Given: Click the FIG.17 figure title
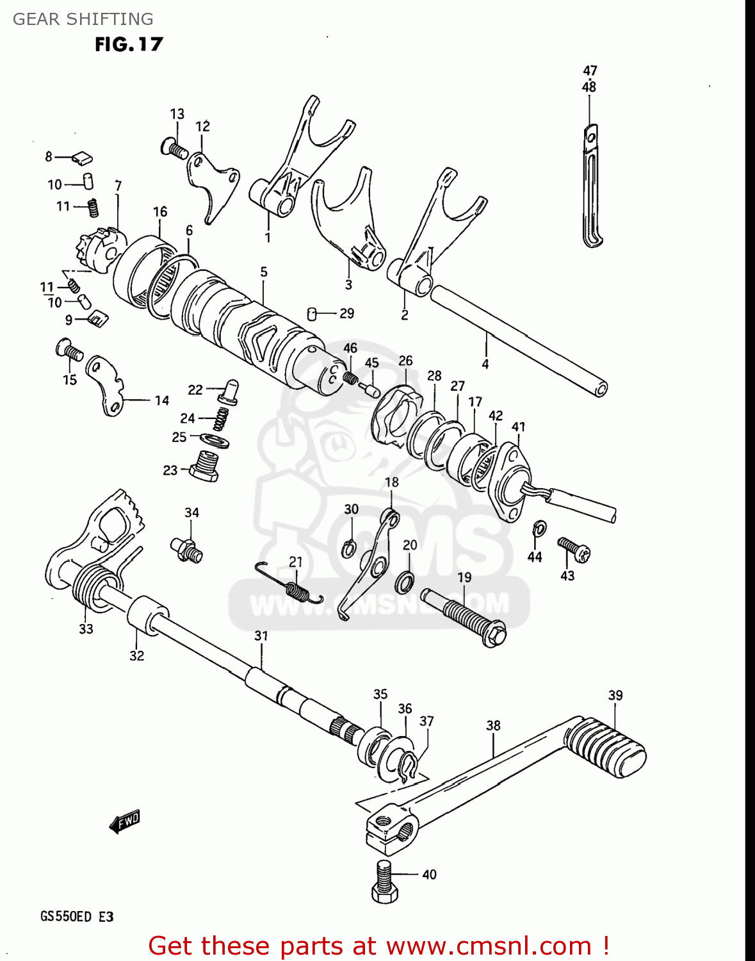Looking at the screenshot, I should (x=129, y=44).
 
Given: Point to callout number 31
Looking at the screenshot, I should (x=261, y=636).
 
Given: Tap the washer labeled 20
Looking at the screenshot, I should (x=405, y=581).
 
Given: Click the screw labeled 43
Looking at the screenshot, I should (x=574, y=549).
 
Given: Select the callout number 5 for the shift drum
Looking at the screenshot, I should (x=264, y=272).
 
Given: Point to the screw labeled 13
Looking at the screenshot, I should (x=174, y=149).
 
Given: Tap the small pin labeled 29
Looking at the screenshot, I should (x=312, y=313).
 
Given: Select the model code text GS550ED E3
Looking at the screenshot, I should (x=77, y=916).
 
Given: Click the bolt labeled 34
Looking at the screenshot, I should (x=186, y=548).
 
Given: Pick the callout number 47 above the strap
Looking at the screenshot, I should (x=590, y=70).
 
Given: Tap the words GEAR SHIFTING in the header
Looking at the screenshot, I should (x=83, y=19).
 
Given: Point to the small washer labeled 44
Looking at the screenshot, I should (x=540, y=529).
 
